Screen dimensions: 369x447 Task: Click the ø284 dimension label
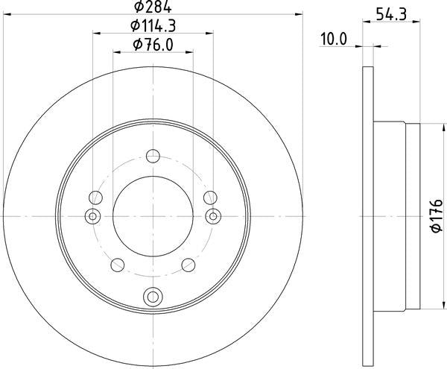[153, 7]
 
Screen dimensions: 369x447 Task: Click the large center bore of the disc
[153, 216]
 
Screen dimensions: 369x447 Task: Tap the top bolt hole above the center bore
[153, 156]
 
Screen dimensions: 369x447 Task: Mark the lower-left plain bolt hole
[116, 265]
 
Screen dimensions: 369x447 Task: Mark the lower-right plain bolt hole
[189, 265]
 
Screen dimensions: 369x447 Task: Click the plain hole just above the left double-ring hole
[95, 198]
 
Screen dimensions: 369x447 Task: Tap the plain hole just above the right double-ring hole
[211, 198]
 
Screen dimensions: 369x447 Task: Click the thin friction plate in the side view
[367, 216]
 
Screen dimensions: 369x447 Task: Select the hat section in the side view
[395, 216]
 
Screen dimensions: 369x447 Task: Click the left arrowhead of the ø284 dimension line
[5, 13]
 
